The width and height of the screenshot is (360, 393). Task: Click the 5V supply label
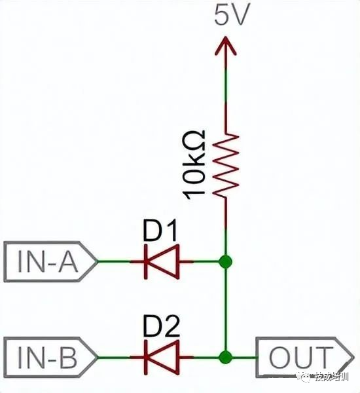(x=232, y=15)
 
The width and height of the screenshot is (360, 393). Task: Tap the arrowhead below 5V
(x=225, y=46)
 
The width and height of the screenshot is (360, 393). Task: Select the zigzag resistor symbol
(x=226, y=166)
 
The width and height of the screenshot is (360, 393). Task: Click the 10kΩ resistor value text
(x=194, y=164)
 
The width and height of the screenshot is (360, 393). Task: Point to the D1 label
(x=160, y=230)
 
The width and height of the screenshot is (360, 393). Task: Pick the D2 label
(x=161, y=326)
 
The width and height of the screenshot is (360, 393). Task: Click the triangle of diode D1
(x=166, y=261)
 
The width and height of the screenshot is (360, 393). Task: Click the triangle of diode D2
(x=166, y=357)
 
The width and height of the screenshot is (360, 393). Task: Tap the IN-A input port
(x=50, y=261)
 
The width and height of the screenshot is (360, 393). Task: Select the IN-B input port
(x=50, y=357)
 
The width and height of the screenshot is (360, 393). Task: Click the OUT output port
(x=304, y=358)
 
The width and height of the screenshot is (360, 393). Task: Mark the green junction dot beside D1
(x=225, y=261)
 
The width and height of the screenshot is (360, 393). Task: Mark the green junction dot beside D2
(x=225, y=357)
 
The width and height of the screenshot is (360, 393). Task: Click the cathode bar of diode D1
(x=146, y=261)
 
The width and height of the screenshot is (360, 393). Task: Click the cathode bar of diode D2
(x=146, y=357)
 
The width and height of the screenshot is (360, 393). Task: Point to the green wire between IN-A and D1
(x=113, y=261)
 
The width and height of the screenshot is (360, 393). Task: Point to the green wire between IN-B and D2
(x=113, y=357)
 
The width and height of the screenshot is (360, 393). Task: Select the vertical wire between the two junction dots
(x=225, y=310)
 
